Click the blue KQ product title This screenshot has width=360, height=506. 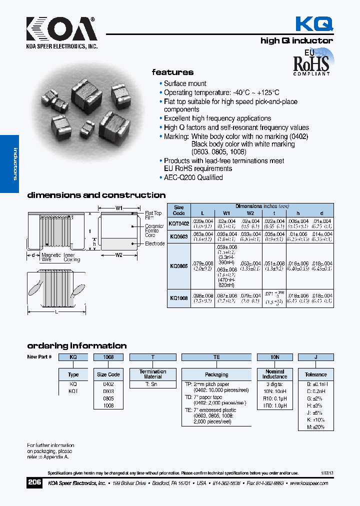[x=313, y=23]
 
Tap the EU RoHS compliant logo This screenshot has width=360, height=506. [x=311, y=62]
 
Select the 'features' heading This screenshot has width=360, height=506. [x=172, y=72]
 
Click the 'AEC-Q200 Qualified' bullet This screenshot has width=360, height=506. [x=193, y=177]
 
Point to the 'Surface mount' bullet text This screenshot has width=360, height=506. [x=185, y=83]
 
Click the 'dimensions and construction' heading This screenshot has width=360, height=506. [x=96, y=195]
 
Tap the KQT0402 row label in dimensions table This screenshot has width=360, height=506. [x=178, y=223]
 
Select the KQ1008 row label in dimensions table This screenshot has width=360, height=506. [x=178, y=298]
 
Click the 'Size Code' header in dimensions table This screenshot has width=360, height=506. [x=178, y=210]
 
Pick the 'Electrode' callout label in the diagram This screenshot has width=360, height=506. [x=154, y=243]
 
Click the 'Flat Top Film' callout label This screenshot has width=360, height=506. [x=153, y=215]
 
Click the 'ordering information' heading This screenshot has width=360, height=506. [x=76, y=346]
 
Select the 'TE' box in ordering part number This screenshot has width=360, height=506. [x=216, y=357]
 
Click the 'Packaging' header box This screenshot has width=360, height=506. [x=216, y=374]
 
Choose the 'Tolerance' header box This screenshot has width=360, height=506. [x=315, y=374]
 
